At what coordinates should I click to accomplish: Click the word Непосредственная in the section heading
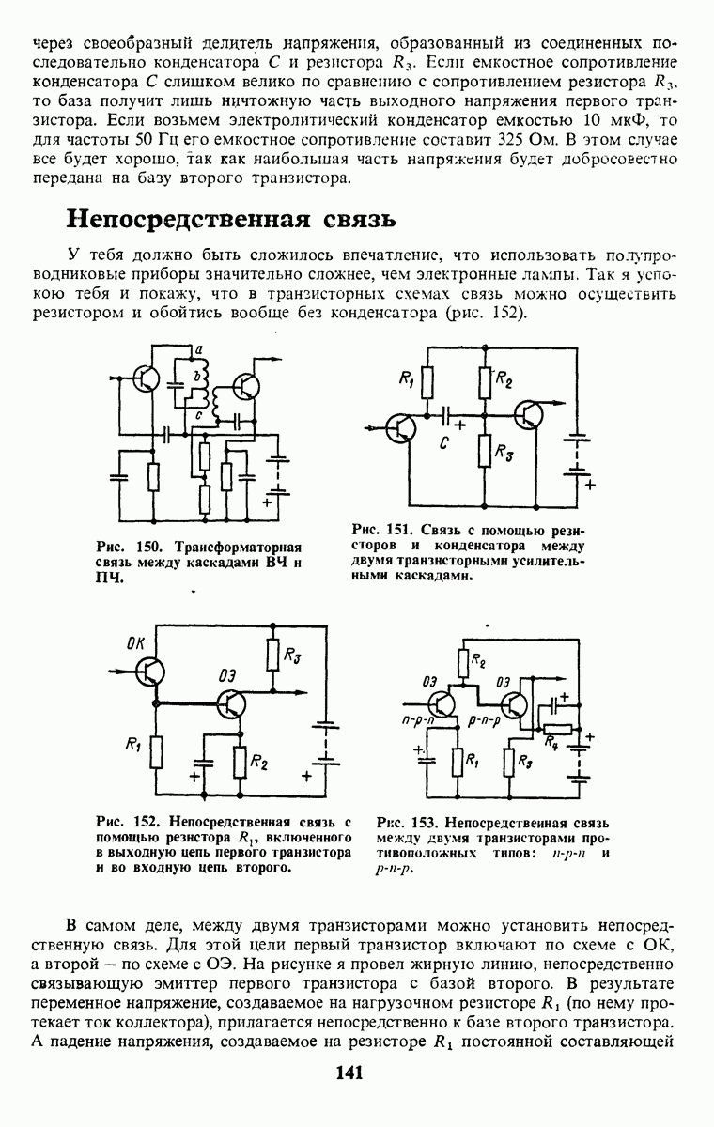[188, 220]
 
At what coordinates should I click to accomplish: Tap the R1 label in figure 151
[407, 378]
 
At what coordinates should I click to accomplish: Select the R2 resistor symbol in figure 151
[485, 382]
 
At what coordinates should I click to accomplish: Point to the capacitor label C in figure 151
[443, 442]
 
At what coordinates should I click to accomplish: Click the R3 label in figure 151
[504, 453]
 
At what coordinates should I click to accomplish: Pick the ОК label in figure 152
[135, 643]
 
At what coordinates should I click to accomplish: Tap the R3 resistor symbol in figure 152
[272, 655]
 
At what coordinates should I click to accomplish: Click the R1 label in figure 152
[132, 745]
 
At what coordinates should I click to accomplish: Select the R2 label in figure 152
[258, 764]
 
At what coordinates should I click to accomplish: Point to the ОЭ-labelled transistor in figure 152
[231, 704]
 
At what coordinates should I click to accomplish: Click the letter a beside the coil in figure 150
[199, 349]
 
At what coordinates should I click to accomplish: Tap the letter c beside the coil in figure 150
[199, 414]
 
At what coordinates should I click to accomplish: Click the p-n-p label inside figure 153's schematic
[484, 720]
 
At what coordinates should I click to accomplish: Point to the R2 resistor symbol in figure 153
[464, 663]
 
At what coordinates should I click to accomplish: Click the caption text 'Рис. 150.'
[129, 548]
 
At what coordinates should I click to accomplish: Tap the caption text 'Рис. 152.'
[129, 823]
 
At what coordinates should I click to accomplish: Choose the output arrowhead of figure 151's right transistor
[559, 403]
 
